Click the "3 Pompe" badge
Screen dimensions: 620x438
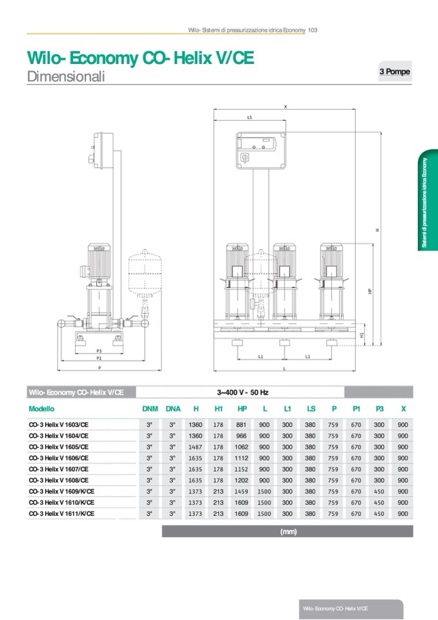tap(394, 72)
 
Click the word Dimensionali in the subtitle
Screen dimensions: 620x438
tap(66, 77)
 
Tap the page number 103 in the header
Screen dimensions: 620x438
tap(312, 30)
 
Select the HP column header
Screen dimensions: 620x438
tap(242, 409)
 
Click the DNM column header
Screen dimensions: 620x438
tap(150, 409)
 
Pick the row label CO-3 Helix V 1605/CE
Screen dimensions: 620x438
tap(59, 447)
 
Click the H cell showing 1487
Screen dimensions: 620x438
tap(195, 447)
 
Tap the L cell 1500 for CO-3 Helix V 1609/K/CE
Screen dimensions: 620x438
tap(265, 491)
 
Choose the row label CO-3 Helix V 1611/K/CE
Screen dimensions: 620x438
tap(62, 513)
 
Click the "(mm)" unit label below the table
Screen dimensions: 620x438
tap(287, 531)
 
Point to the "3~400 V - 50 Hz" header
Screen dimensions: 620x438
tap(242, 392)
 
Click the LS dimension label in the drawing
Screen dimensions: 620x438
tap(249, 118)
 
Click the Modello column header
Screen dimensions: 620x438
tap(42, 409)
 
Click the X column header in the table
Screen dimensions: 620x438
tap(403, 409)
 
